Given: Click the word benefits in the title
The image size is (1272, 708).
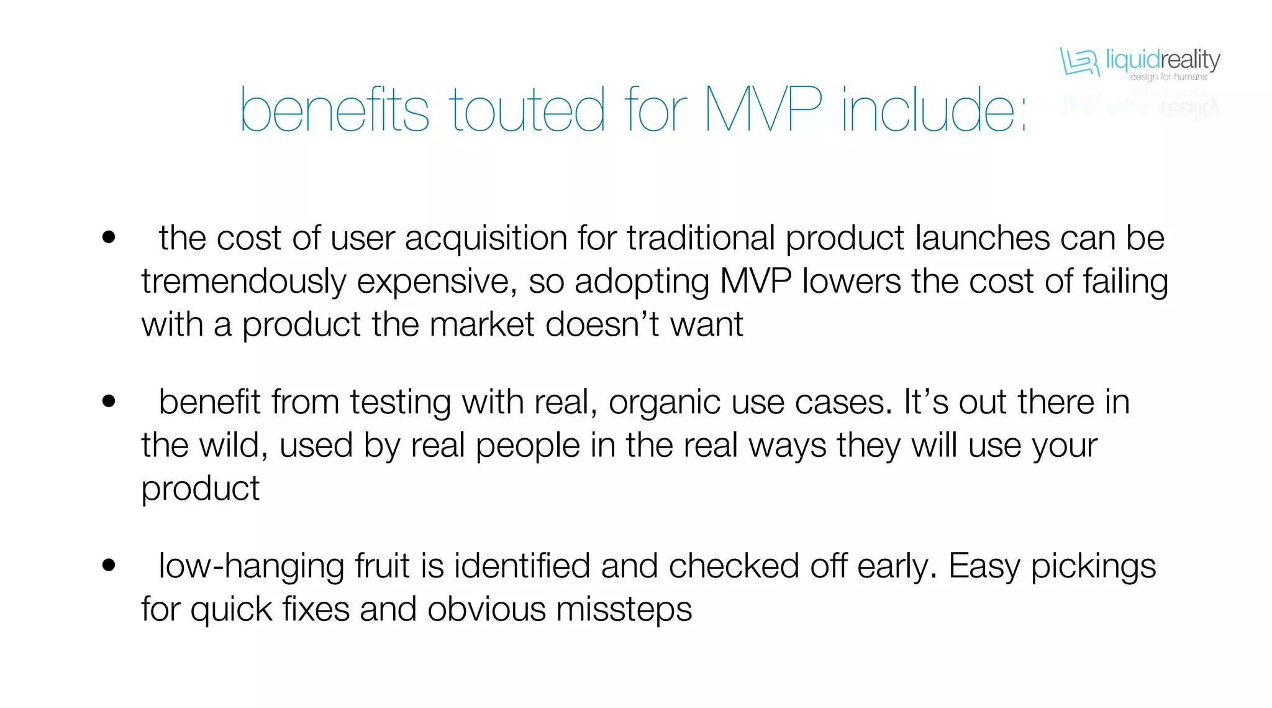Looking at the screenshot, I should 334,111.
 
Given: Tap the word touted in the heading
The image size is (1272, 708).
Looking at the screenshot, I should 527,111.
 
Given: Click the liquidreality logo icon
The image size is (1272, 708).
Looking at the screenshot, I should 1079,62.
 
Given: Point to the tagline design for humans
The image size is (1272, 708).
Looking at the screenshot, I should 1168,77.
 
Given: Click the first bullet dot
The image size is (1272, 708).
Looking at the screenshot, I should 109,237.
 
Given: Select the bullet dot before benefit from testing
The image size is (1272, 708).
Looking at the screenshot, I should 109,402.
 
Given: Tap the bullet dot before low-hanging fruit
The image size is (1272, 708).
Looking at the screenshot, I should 109,565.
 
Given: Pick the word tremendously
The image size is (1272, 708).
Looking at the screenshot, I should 243,282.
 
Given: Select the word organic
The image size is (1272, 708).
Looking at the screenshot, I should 665,403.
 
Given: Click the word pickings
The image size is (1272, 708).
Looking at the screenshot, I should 1093,568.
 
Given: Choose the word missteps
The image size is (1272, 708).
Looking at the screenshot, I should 624,610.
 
